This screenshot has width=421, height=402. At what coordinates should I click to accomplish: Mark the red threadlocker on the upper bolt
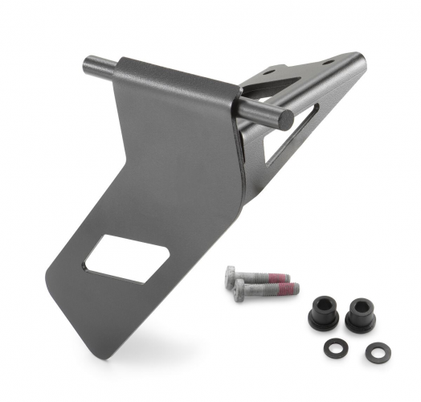click(x=277, y=277)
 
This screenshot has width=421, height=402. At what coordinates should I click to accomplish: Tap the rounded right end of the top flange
click(x=359, y=61)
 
